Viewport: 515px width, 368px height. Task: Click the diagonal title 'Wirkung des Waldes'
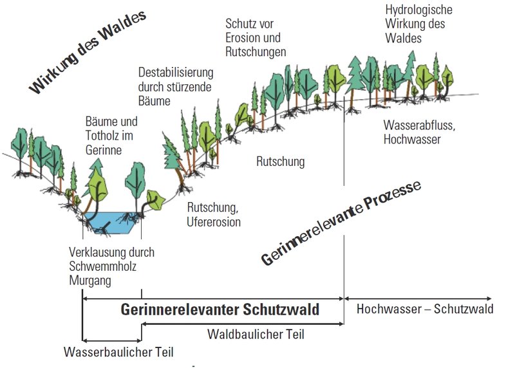pos(88,51)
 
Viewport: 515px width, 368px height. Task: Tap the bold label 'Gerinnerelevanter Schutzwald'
pos(220,309)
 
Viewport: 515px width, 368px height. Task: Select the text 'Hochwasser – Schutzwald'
pos(425,309)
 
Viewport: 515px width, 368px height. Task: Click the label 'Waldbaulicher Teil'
pos(256,335)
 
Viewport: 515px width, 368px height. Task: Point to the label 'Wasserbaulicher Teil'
pos(119,353)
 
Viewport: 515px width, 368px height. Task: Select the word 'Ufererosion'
pos(214,222)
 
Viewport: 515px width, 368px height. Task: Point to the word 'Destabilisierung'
pos(175,72)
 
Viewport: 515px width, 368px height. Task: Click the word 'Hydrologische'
pos(418,10)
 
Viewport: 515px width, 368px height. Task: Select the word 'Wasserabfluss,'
pos(419,125)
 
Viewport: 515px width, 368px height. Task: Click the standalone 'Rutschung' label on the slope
pos(280,161)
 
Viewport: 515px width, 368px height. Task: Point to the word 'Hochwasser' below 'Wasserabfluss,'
pos(412,139)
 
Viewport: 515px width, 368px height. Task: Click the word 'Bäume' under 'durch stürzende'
pos(154,101)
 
